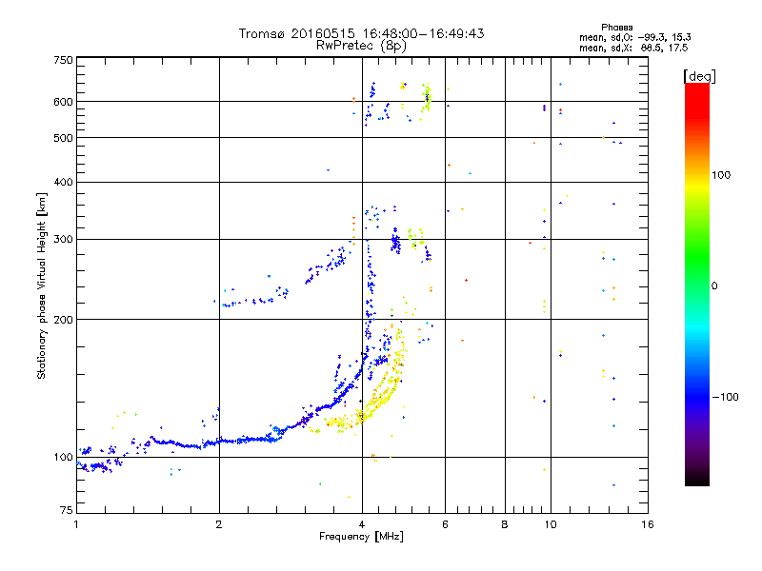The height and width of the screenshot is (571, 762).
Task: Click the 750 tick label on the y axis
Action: click(63, 60)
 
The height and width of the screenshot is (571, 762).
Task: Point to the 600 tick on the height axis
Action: click(63, 101)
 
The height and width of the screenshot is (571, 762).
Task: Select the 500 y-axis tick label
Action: click(63, 138)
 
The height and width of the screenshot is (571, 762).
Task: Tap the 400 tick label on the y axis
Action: click(63, 182)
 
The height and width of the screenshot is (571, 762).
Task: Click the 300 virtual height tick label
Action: click(63, 239)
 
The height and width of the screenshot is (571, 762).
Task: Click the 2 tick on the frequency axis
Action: click(219, 524)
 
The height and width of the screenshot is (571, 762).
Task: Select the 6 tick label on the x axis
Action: click(446, 524)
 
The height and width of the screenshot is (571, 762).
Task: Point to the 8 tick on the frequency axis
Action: click(505, 524)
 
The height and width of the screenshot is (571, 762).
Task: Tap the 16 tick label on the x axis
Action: click(647, 524)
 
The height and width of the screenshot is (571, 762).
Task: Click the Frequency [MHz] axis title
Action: click(361, 537)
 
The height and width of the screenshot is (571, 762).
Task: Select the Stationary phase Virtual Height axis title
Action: click(42, 286)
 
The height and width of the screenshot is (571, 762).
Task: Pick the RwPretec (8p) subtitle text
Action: click(361, 45)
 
